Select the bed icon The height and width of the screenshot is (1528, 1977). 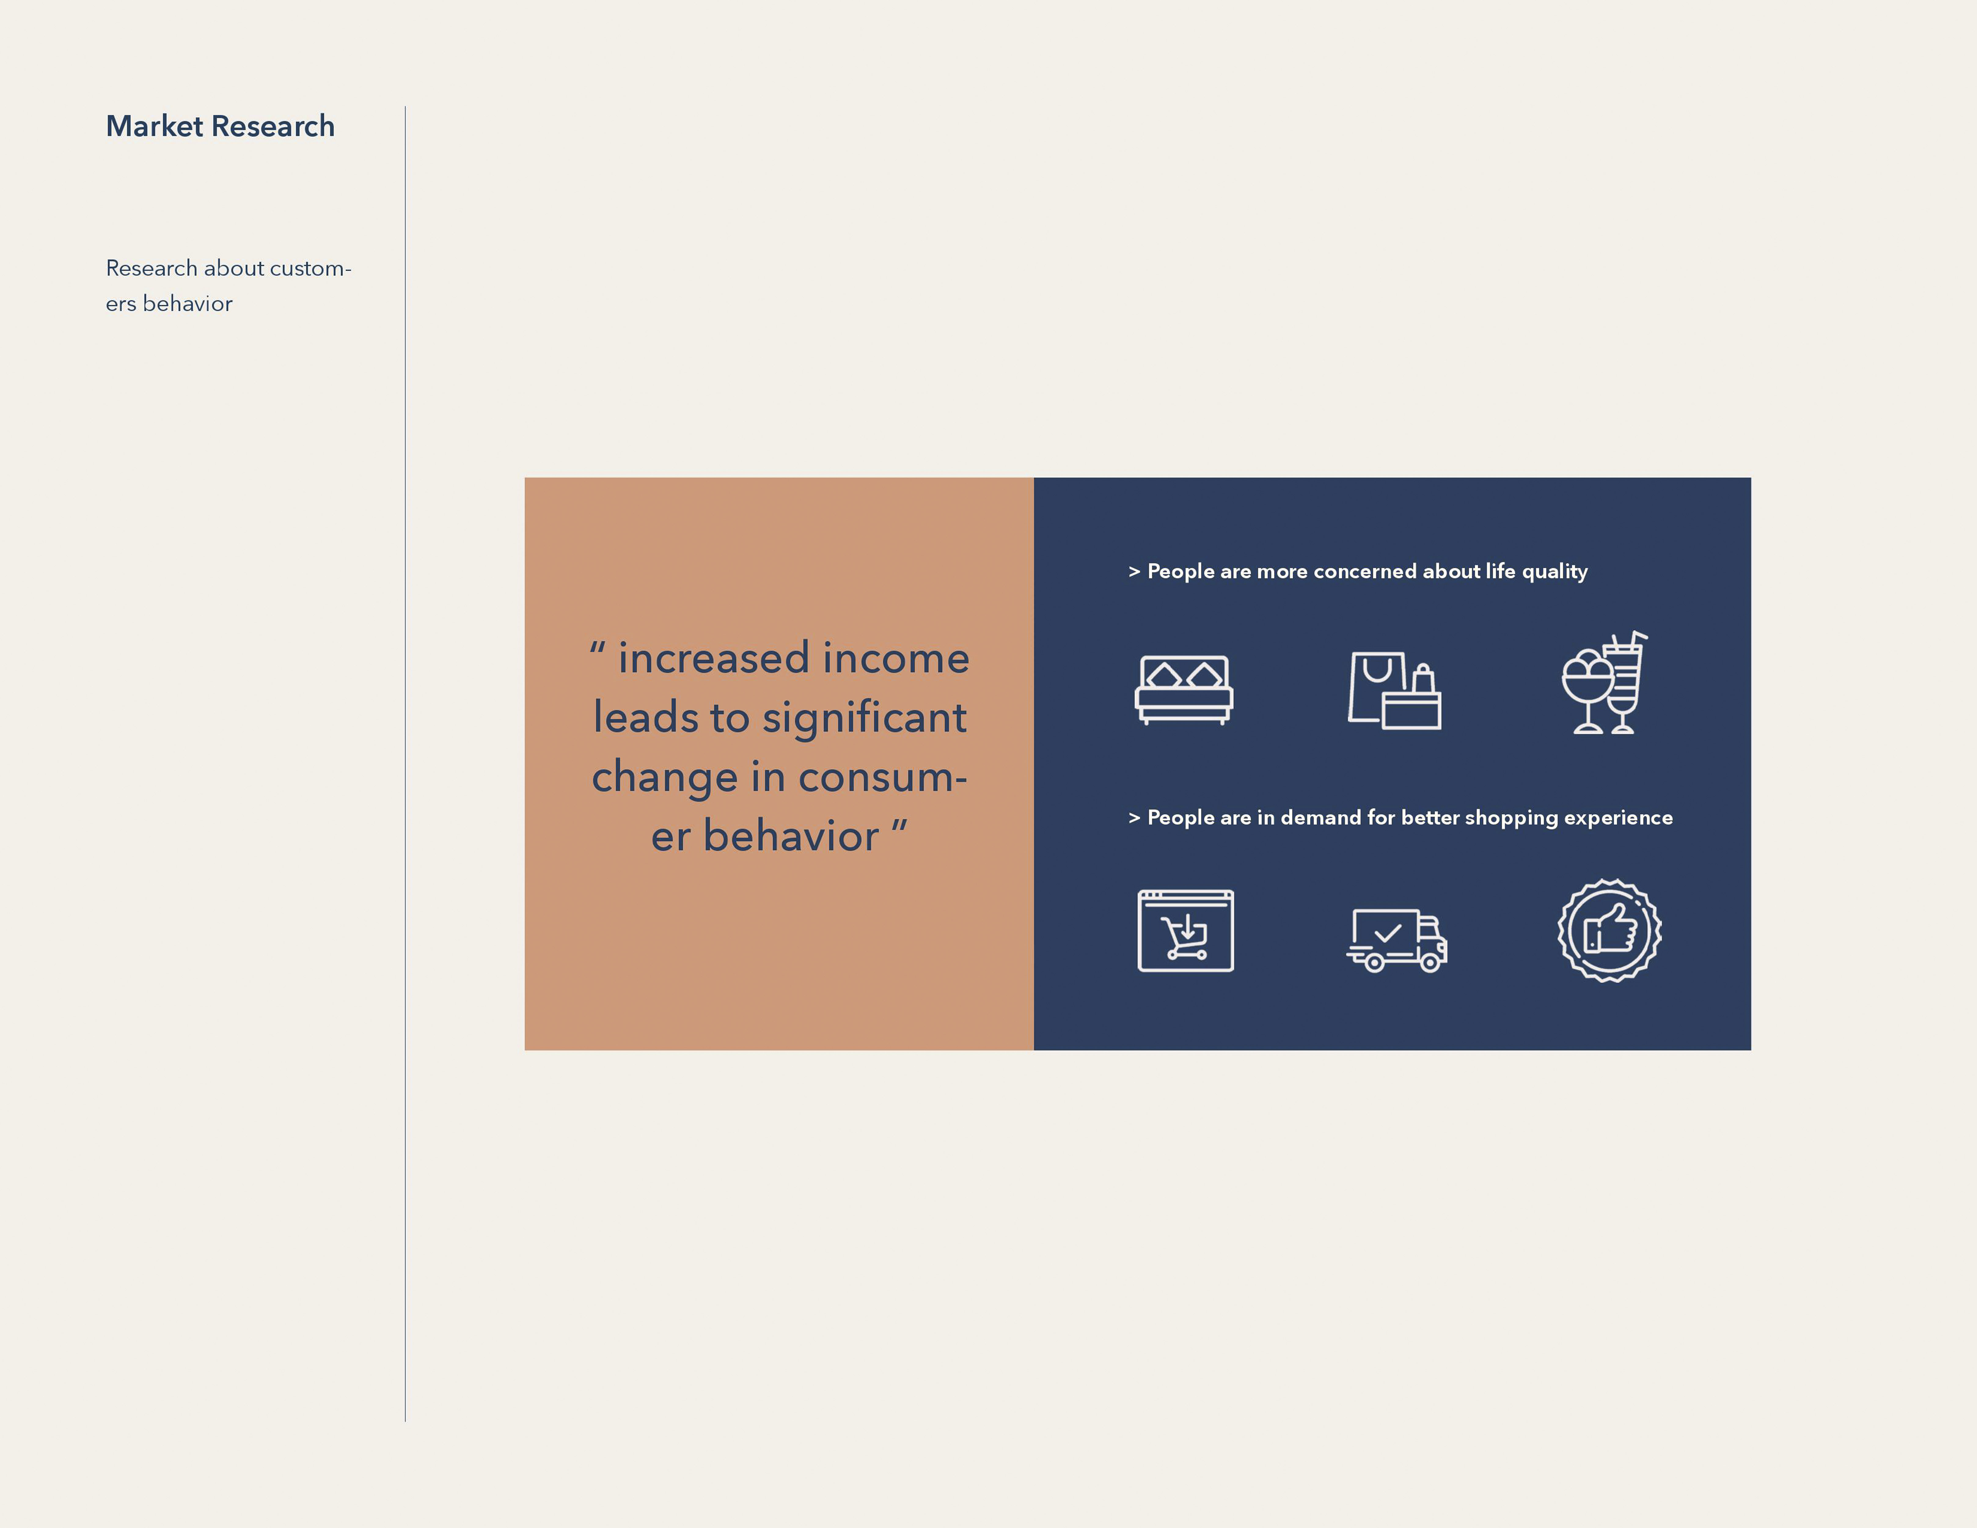point(1184,690)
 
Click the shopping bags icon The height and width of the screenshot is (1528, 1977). point(1394,690)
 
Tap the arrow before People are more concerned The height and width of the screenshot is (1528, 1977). point(1134,571)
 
